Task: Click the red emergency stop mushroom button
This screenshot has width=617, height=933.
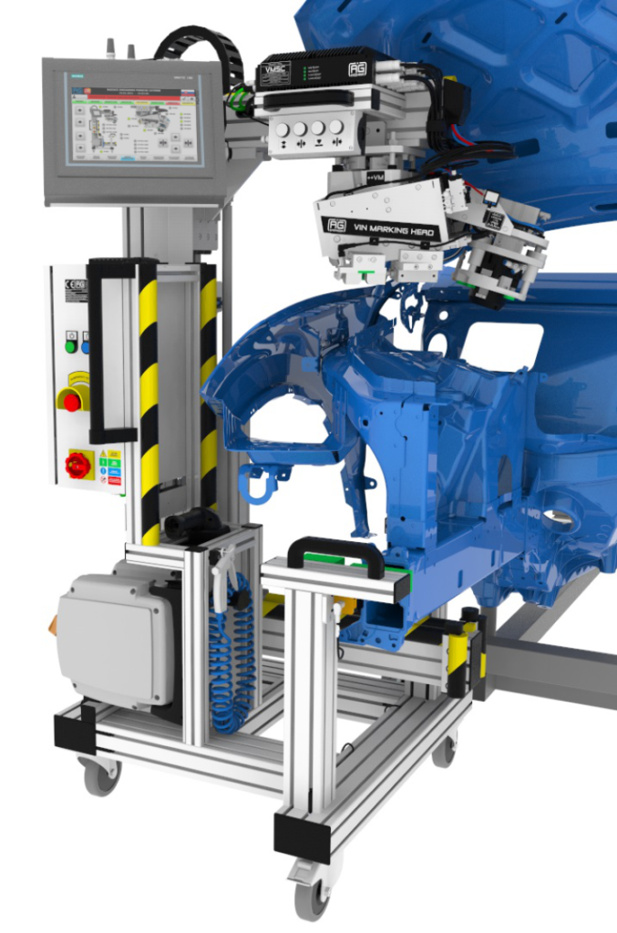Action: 71,398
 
